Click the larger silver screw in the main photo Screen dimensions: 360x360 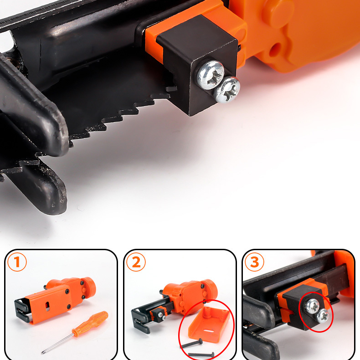pyautogui.click(x=211, y=75)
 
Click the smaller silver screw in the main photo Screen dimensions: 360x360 pyautogui.click(x=227, y=90)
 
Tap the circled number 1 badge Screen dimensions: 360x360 pyautogui.click(x=17, y=262)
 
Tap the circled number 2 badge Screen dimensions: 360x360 pyautogui.click(x=136, y=262)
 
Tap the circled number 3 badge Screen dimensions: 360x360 pyautogui.click(x=254, y=262)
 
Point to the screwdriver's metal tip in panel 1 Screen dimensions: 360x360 pyautogui.click(x=43, y=352)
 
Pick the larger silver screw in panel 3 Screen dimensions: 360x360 pyautogui.click(x=312, y=306)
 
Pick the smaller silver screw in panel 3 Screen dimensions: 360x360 pyautogui.click(x=323, y=316)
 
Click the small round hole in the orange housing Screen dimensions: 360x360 pyautogui.click(x=275, y=50)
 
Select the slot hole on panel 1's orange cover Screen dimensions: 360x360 pyautogui.click(x=47, y=306)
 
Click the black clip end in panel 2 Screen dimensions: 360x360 pyautogui.click(x=140, y=321)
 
